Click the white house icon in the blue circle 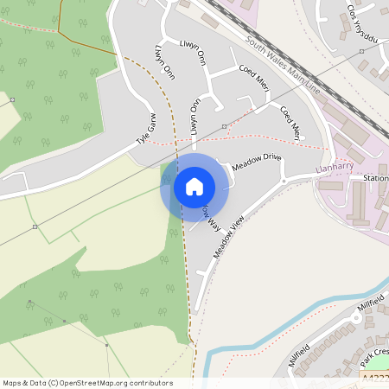[x=194, y=186]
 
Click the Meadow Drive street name [x=257, y=162]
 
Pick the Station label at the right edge [x=375, y=179]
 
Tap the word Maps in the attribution [x=11, y=383]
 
